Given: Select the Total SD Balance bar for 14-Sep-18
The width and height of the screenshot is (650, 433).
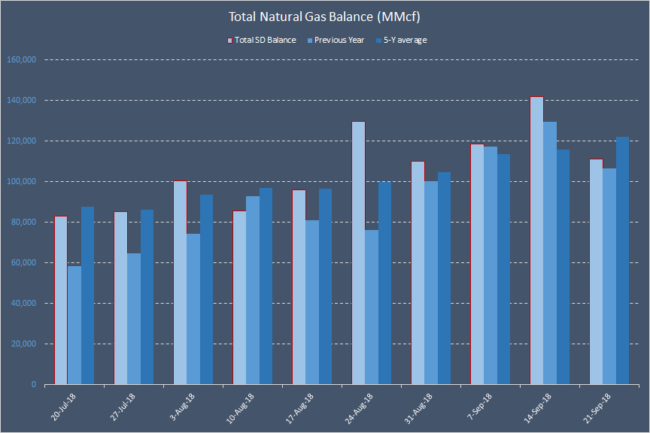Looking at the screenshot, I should tap(536, 241).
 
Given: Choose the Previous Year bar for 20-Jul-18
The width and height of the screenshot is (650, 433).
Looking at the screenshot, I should tap(74, 325).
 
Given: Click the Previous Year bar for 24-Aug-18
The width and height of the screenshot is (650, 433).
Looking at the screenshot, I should tap(372, 307).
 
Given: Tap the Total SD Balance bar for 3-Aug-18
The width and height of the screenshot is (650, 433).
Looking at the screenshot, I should tap(180, 283).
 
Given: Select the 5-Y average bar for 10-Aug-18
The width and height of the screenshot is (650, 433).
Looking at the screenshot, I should tap(266, 286).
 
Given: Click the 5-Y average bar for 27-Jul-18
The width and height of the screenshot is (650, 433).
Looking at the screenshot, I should tap(147, 297).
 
